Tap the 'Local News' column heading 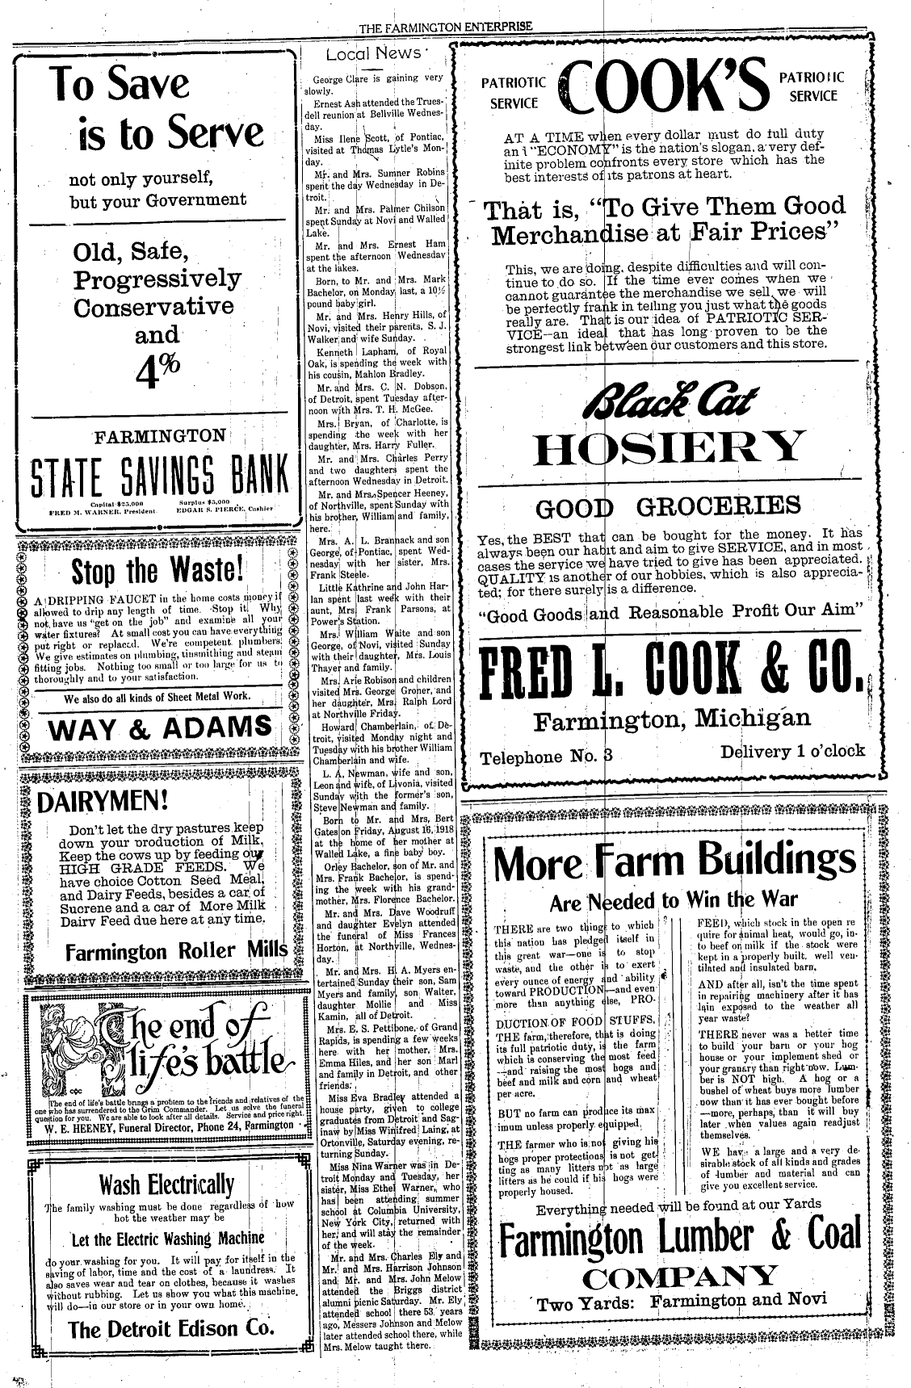373,54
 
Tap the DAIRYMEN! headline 103,801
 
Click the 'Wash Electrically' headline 166,1185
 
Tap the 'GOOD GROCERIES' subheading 669,508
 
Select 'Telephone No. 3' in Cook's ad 548,757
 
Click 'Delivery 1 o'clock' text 792,752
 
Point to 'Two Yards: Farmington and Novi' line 682,1302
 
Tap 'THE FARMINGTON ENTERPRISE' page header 446,27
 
